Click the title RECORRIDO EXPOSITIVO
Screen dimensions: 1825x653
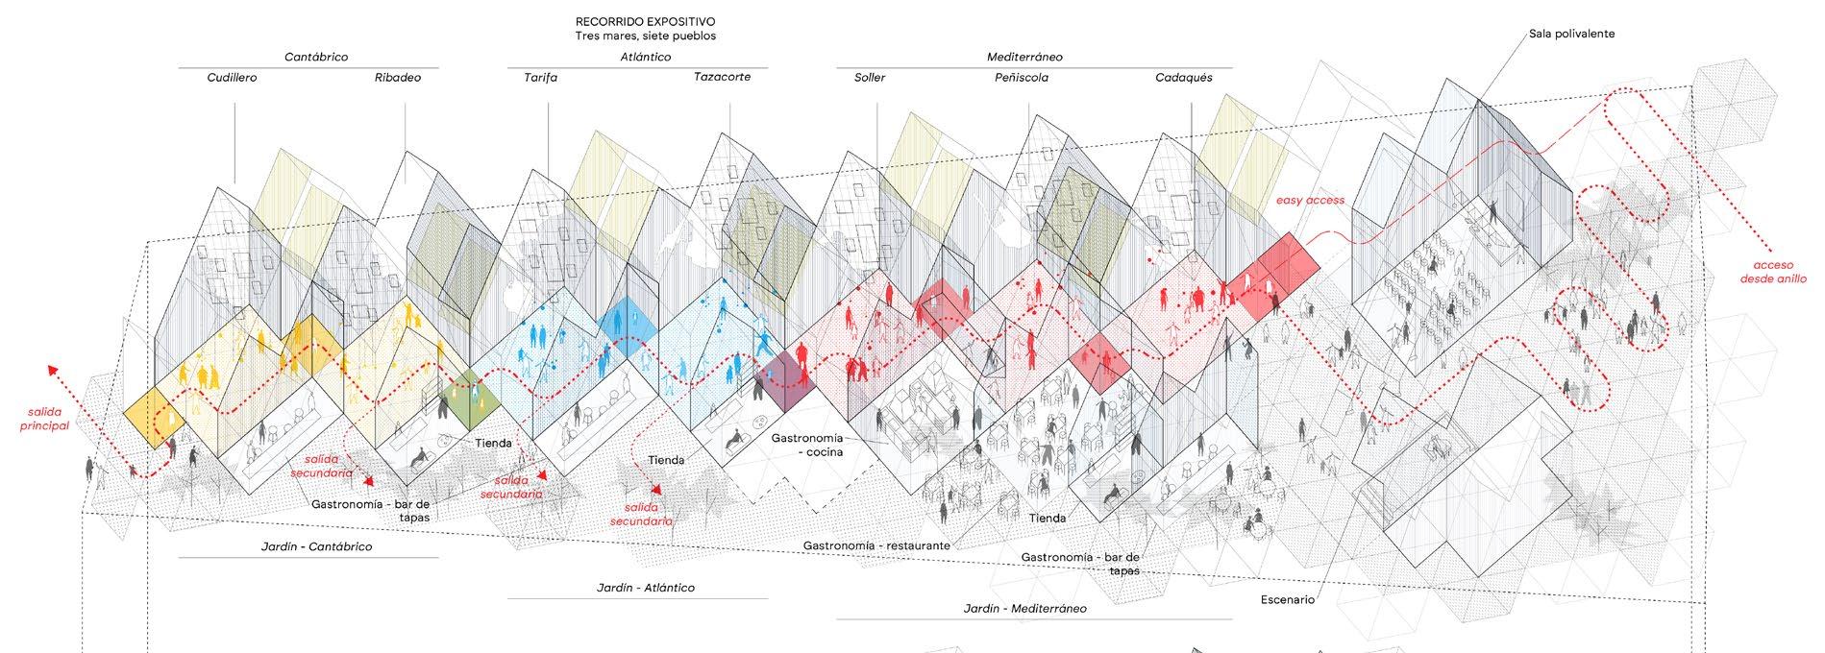pyautogui.click(x=645, y=21)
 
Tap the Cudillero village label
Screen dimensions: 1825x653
pyautogui.click(x=232, y=78)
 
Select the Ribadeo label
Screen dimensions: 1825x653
pyautogui.click(x=397, y=78)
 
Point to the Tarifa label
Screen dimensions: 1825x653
pyautogui.click(x=540, y=78)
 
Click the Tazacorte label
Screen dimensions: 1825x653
pyautogui.click(x=722, y=77)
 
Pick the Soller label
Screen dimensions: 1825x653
pyautogui.click(x=870, y=78)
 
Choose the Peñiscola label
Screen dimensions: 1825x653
pyautogui.click(x=1021, y=78)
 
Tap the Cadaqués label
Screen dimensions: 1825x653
pyautogui.click(x=1183, y=78)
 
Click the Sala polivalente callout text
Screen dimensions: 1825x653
pyautogui.click(x=1571, y=34)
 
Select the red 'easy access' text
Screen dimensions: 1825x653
pyautogui.click(x=1310, y=201)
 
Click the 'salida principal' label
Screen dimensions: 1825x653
pyautogui.click(x=45, y=419)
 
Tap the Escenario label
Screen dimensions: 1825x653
pyautogui.click(x=1287, y=600)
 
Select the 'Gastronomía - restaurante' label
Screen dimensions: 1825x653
pyautogui.click(x=876, y=545)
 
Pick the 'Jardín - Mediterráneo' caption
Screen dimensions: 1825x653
pyautogui.click(x=1024, y=609)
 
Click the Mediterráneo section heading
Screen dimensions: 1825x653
pyautogui.click(x=1024, y=57)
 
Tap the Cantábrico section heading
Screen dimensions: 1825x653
pyautogui.click(x=315, y=57)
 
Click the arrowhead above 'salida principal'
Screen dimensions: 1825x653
pyautogui.click(x=52, y=370)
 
